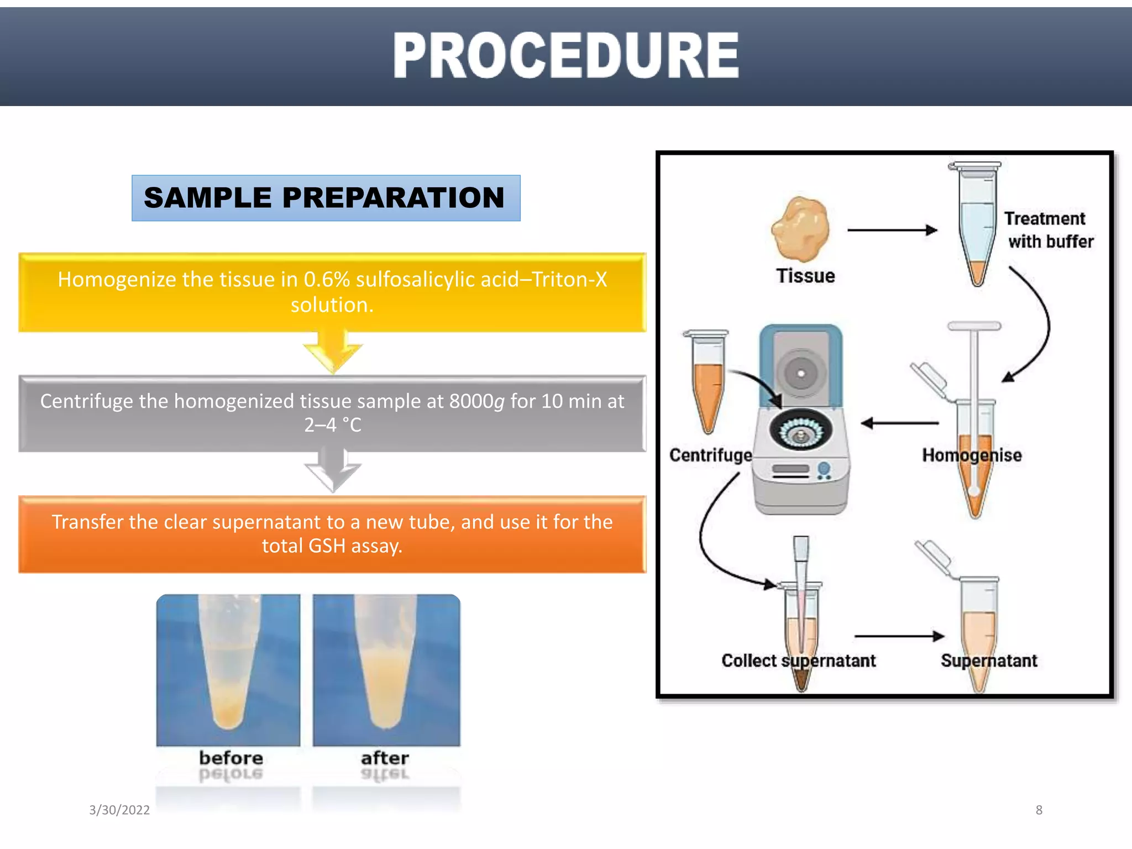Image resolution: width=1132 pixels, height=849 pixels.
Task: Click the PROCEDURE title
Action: point(566,55)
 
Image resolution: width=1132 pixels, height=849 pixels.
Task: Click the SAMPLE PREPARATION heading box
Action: point(326,198)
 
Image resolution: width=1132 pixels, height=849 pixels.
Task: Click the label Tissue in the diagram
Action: point(805,276)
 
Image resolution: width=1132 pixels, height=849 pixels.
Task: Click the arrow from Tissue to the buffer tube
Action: point(892,230)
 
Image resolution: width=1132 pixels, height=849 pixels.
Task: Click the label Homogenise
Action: point(972,455)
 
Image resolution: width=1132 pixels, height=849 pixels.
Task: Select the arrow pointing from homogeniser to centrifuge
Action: point(900,423)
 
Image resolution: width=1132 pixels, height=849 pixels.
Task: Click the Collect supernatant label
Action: point(798,661)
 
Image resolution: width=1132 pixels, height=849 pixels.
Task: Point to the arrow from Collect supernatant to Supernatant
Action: point(899,636)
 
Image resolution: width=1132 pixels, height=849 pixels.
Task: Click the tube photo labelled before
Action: point(228,670)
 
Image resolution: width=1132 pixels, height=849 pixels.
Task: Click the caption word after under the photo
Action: point(385,758)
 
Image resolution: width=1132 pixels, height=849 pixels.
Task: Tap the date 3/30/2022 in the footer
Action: point(119,810)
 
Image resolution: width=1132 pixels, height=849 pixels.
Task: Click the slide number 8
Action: point(1039,810)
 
